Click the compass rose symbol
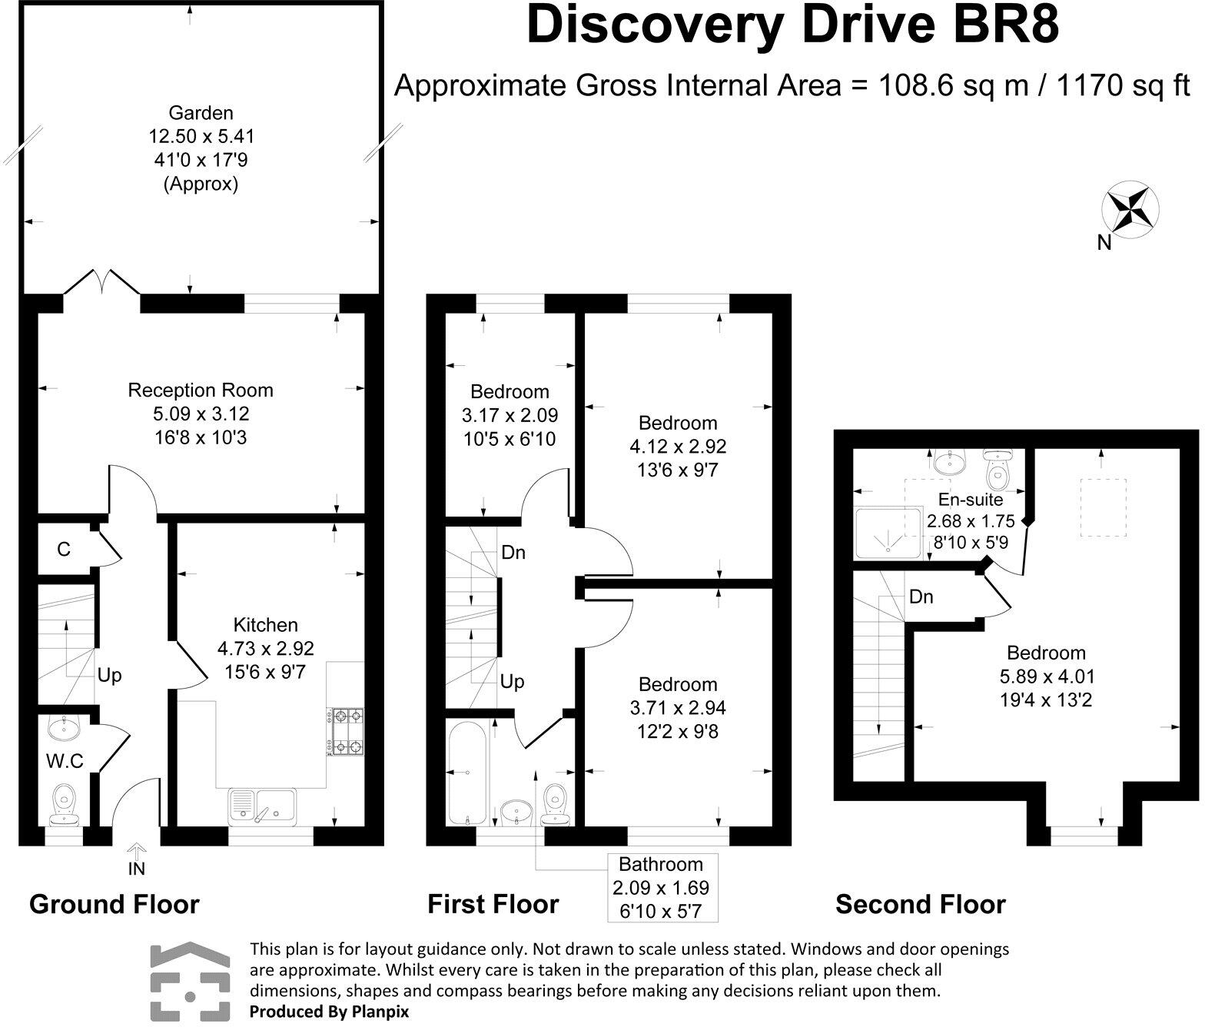pyautogui.click(x=1129, y=209)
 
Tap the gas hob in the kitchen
pyautogui.click(x=346, y=732)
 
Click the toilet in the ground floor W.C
pyautogui.click(x=64, y=805)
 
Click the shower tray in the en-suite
pyautogui.click(x=888, y=533)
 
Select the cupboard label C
pyautogui.click(x=64, y=549)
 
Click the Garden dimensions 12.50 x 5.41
pyautogui.click(x=201, y=137)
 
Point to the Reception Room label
pyautogui.click(x=201, y=391)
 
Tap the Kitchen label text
pyautogui.click(x=265, y=625)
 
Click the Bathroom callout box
pyautogui.click(x=662, y=888)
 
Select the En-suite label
pyautogui.click(x=970, y=499)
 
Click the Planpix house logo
pyautogui.click(x=190, y=982)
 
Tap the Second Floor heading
pyautogui.click(x=921, y=905)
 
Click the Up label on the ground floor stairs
pyautogui.click(x=109, y=676)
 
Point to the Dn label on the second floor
pyautogui.click(x=921, y=597)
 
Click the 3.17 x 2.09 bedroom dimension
pyautogui.click(x=510, y=415)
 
